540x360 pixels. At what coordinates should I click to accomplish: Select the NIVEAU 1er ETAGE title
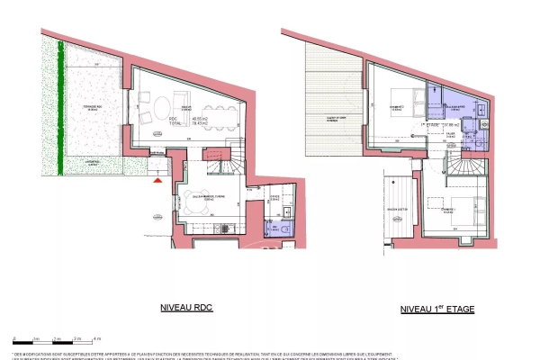437,309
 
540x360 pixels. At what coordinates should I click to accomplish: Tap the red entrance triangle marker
159,182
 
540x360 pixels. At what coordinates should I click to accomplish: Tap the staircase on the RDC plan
220,171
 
